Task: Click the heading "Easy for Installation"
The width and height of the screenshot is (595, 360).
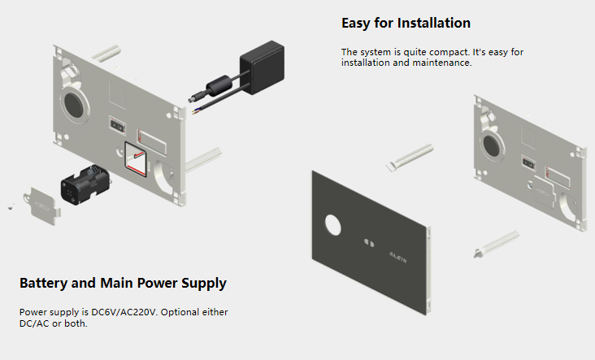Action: [x=406, y=23]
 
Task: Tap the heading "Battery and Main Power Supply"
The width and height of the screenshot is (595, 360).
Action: [x=123, y=284]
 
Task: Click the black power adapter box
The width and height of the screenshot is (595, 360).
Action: [x=260, y=63]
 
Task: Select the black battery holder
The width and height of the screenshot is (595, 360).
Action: [x=85, y=186]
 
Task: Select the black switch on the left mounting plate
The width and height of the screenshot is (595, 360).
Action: [x=116, y=126]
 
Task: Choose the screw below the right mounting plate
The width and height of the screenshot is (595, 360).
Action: [x=497, y=241]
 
